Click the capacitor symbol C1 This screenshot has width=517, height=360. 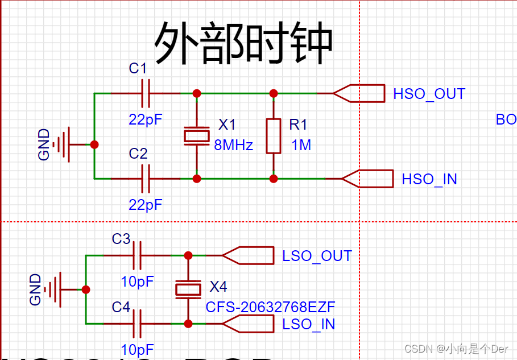146,93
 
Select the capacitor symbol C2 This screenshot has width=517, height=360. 146,179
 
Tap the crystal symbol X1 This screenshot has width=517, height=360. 196,135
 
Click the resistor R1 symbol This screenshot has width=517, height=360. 274,136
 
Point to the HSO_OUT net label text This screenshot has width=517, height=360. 429,94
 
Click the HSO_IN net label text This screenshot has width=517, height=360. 429,179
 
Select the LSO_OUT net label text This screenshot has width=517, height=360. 317,256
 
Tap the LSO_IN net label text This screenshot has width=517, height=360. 308,324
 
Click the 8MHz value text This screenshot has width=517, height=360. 233,145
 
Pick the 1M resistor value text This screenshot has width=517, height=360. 301,145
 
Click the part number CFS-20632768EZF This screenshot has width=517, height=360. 270,308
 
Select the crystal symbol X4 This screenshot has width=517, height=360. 188,289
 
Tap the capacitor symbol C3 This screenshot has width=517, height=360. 137,256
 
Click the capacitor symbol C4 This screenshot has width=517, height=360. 137,324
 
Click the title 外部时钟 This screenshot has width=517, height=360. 243,44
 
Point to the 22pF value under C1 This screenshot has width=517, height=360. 146,119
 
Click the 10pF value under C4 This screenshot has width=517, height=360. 137,349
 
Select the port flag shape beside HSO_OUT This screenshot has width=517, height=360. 359,93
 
